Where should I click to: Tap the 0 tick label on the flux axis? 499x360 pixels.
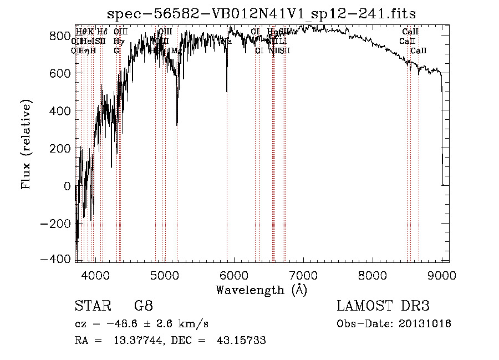pyautogui.click(x=68, y=186)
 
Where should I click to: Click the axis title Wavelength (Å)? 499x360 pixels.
pyautogui.click(x=261, y=290)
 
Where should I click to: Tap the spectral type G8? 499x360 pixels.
pyautogui.click(x=143, y=307)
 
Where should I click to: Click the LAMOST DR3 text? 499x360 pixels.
pyautogui.click(x=383, y=307)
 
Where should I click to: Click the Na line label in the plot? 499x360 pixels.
pyautogui.click(x=227, y=42)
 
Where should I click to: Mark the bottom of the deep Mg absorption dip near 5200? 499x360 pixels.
pyautogui.click(x=177, y=124)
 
